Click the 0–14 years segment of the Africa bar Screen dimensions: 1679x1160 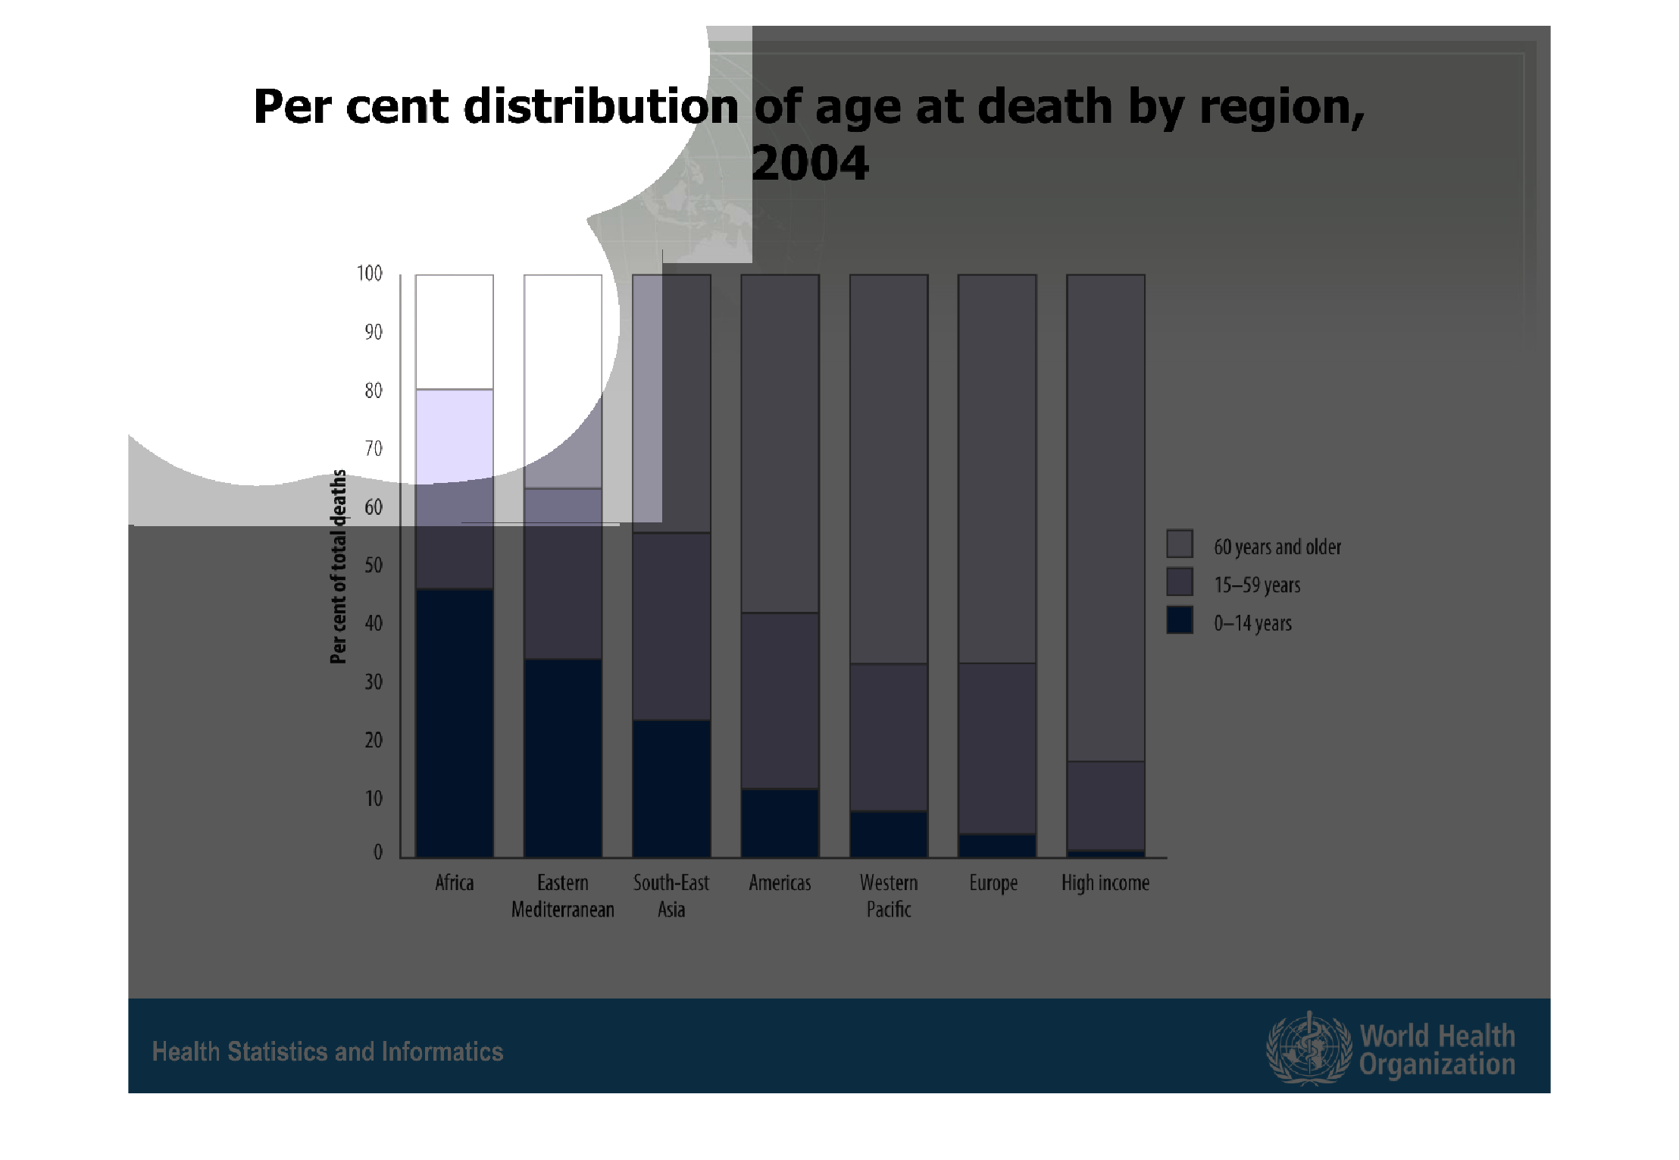tap(455, 723)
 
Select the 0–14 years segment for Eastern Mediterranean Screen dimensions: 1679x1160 tap(563, 758)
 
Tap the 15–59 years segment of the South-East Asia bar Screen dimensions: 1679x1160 tap(671, 626)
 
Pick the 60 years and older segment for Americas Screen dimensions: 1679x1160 tap(780, 444)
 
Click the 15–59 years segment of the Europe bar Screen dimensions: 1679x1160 tap(997, 748)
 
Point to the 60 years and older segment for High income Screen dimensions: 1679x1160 tap(1105, 518)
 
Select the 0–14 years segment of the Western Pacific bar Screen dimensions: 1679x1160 tap(889, 834)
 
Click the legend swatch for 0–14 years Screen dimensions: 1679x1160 tap(1180, 620)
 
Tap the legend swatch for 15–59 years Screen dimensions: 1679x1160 tap(1180, 582)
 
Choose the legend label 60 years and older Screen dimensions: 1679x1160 tap(1277, 547)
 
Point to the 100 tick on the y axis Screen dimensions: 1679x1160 tap(370, 273)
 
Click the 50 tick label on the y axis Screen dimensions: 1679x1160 tap(374, 565)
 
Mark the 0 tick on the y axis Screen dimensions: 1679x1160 tap(378, 852)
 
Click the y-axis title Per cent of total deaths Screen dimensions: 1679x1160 tap(339, 566)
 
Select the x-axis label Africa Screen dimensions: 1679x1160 tap(455, 883)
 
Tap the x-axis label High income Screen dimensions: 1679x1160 tap(1105, 883)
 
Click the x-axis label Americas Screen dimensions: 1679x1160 tap(780, 883)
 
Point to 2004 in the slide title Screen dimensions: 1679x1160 tap(810, 163)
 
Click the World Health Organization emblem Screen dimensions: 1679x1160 tap(1309, 1048)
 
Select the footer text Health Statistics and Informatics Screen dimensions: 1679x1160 tap(327, 1052)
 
